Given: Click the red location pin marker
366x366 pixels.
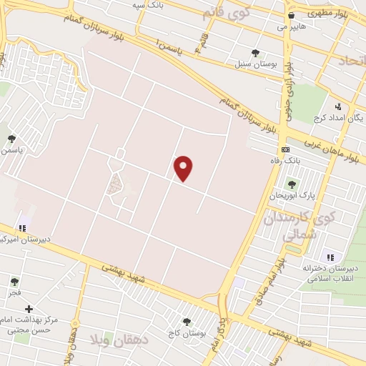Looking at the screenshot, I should coord(184,168).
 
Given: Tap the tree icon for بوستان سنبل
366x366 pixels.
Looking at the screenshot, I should coord(255,52).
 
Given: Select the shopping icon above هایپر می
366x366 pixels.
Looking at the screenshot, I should coord(291,15).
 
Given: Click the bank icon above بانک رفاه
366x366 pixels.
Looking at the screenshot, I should coord(286,149).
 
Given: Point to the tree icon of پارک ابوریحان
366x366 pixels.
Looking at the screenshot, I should coord(292,184).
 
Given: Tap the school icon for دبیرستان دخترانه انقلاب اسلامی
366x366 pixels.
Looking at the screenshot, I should coord(330,257).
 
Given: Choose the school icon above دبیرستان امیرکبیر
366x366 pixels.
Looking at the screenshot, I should coord(22,228).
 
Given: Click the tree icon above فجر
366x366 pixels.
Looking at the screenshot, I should coord(15,282).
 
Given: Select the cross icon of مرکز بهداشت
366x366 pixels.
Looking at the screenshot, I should coord(29,310).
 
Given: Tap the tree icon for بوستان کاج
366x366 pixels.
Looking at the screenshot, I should coord(187,322).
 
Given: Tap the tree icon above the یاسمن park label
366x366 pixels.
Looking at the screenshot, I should coord(11,139).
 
